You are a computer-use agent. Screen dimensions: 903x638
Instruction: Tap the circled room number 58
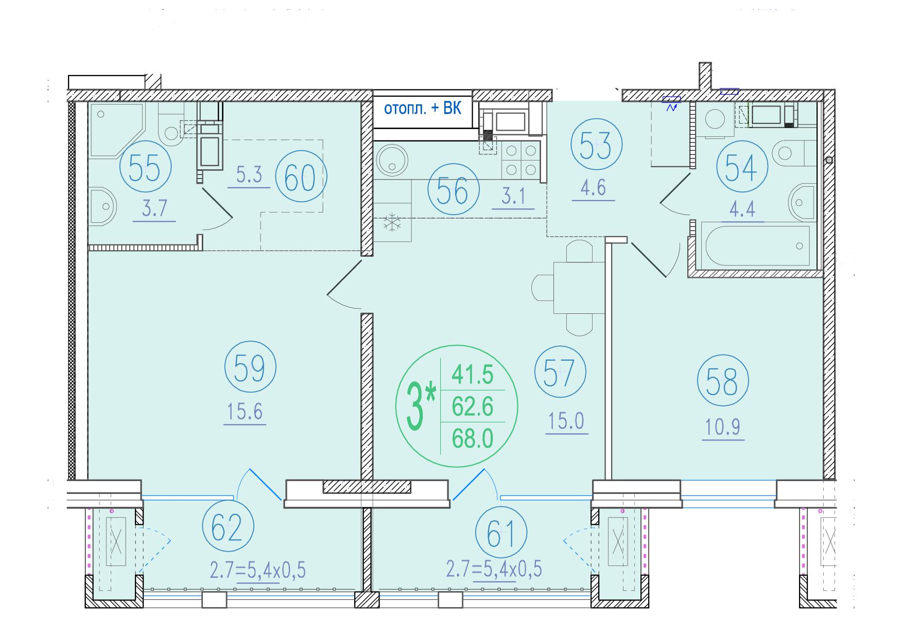coord(723,381)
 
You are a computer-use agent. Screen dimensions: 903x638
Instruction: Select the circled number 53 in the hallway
coord(596,145)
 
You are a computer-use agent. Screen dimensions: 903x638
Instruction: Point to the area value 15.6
coord(245,412)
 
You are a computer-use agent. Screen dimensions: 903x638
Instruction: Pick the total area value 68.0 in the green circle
coord(473,438)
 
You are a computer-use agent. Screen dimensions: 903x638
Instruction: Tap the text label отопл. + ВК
coord(422,109)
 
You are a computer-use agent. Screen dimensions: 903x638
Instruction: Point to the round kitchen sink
coord(393,160)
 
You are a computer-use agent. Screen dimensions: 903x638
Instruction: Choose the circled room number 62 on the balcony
coord(229,528)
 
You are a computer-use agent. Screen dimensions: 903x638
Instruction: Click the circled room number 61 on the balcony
coord(501,533)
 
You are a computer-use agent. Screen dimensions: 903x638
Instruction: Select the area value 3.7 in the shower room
coord(154,209)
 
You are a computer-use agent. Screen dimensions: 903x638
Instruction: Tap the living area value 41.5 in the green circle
coord(473,375)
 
